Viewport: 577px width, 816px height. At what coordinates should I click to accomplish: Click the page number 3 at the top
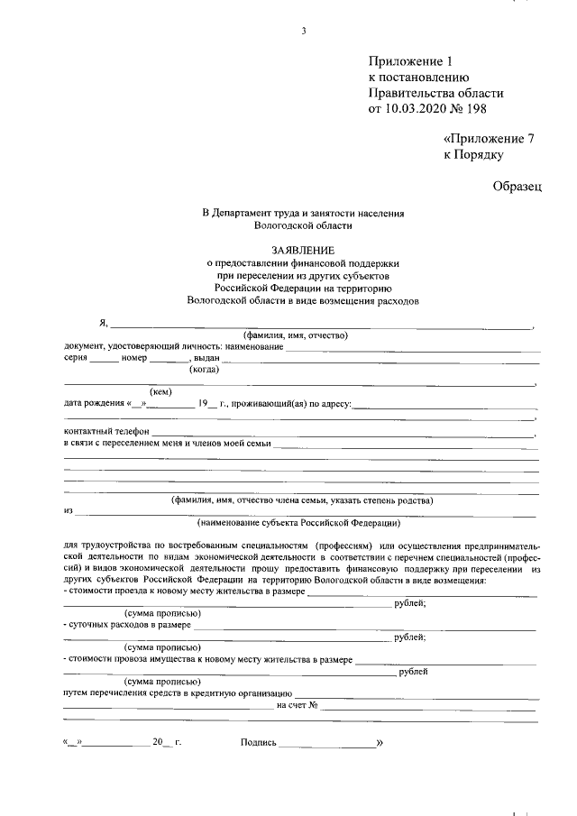click(304, 32)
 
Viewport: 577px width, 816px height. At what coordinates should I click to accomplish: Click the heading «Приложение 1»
click(408, 61)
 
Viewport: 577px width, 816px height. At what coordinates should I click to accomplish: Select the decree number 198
click(491, 110)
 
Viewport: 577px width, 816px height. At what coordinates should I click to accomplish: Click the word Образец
click(517, 187)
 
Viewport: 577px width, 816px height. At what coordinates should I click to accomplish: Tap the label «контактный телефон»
click(102, 433)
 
